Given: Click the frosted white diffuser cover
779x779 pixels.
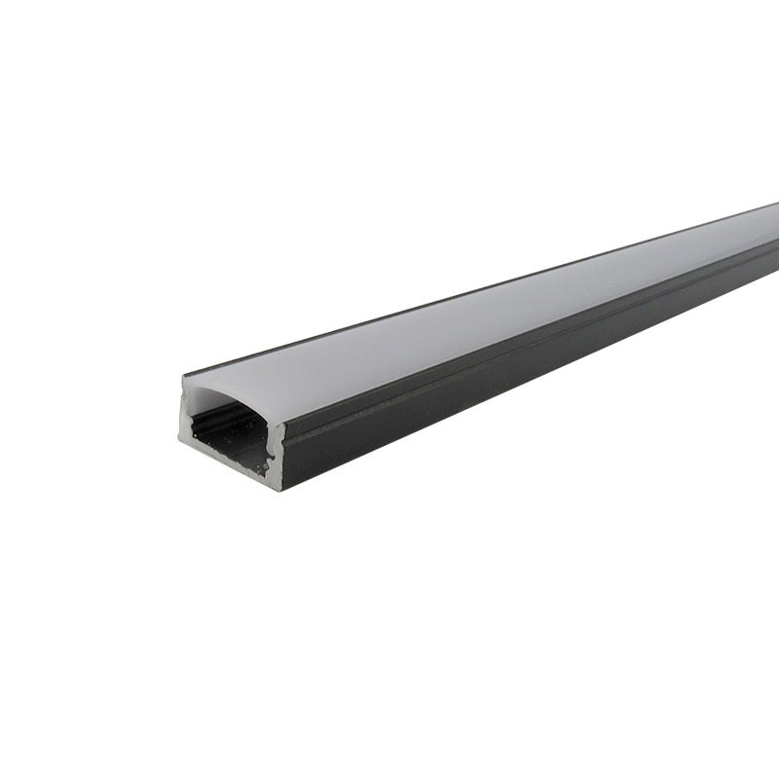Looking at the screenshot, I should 487,312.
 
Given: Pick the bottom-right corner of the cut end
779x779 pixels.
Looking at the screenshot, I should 279,489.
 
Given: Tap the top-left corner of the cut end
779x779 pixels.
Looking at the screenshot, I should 183,378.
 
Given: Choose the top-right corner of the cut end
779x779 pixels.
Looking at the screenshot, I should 284,423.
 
